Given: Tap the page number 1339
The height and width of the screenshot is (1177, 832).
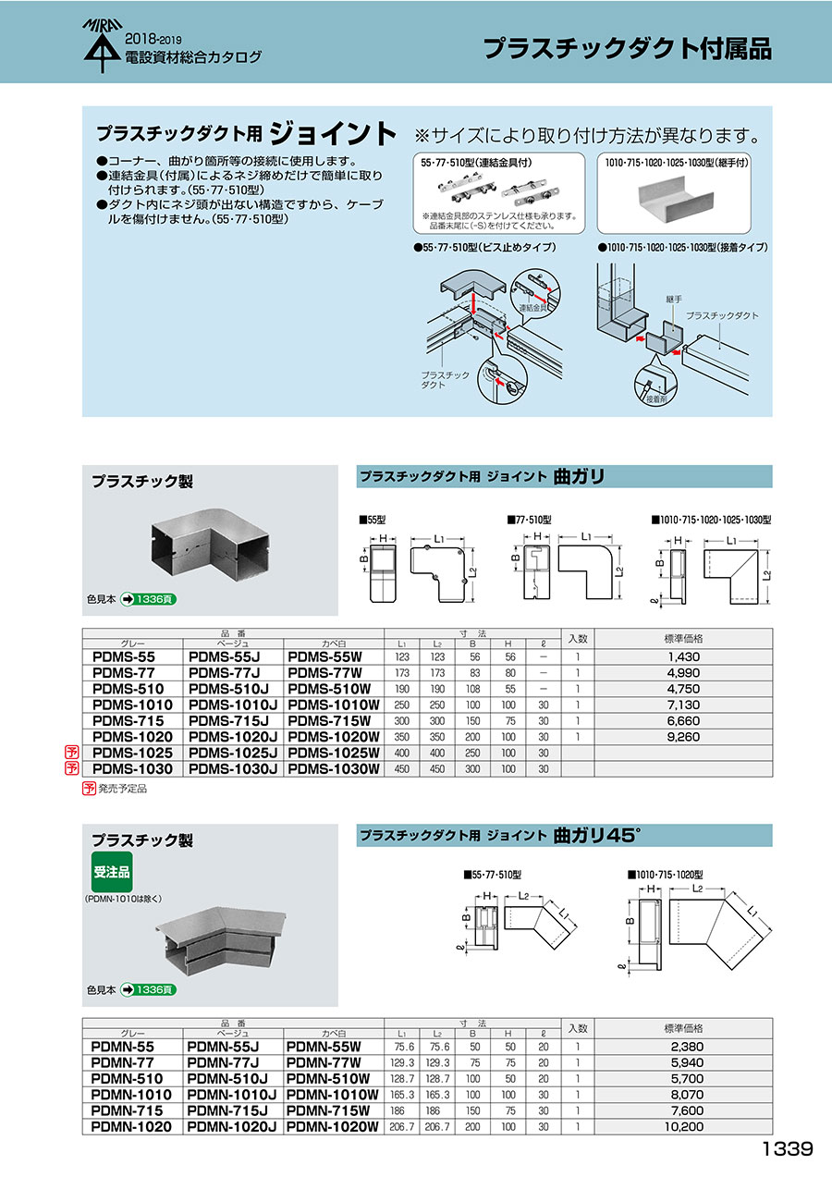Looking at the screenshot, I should [x=788, y=1149].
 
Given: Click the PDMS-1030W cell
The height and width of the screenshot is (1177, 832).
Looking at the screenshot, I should [x=334, y=769].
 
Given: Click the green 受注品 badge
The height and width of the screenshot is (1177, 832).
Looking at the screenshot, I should [x=112, y=873].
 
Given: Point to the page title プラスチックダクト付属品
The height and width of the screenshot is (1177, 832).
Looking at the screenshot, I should [x=628, y=49].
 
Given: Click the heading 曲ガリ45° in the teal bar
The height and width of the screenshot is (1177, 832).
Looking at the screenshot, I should [x=597, y=835].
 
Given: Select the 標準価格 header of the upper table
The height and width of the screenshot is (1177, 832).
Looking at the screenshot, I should [x=684, y=638].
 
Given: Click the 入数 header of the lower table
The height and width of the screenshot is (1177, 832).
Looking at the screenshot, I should [x=578, y=1028].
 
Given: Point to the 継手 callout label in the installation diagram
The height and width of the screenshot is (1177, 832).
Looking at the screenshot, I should [x=672, y=301].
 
